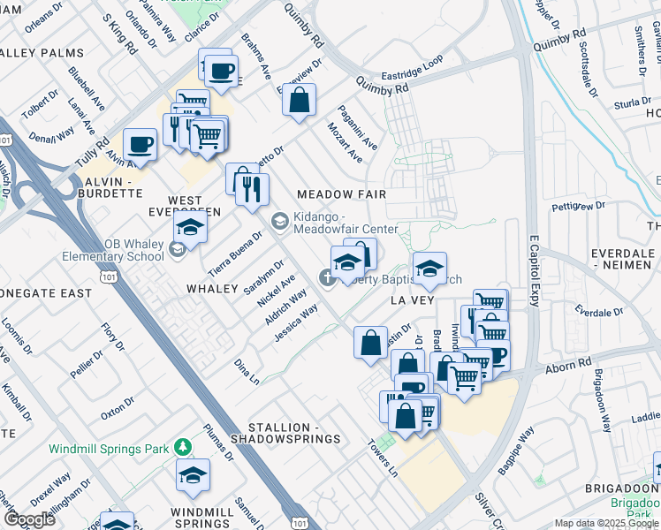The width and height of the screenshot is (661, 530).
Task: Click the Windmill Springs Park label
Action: pyautogui.click(x=109, y=449)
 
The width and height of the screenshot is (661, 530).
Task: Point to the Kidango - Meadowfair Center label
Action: pyautogui.click(x=345, y=223)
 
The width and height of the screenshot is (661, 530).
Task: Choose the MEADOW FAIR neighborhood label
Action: pyautogui.click(x=343, y=193)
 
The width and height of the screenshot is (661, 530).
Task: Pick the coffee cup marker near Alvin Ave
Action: pyautogui.click(x=140, y=144)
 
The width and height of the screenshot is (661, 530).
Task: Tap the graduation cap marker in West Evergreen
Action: pyautogui.click(x=190, y=226)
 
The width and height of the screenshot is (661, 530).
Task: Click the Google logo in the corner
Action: pyautogui.click(x=29, y=519)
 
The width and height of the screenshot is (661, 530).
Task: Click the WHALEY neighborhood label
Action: pyautogui.click(x=212, y=289)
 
